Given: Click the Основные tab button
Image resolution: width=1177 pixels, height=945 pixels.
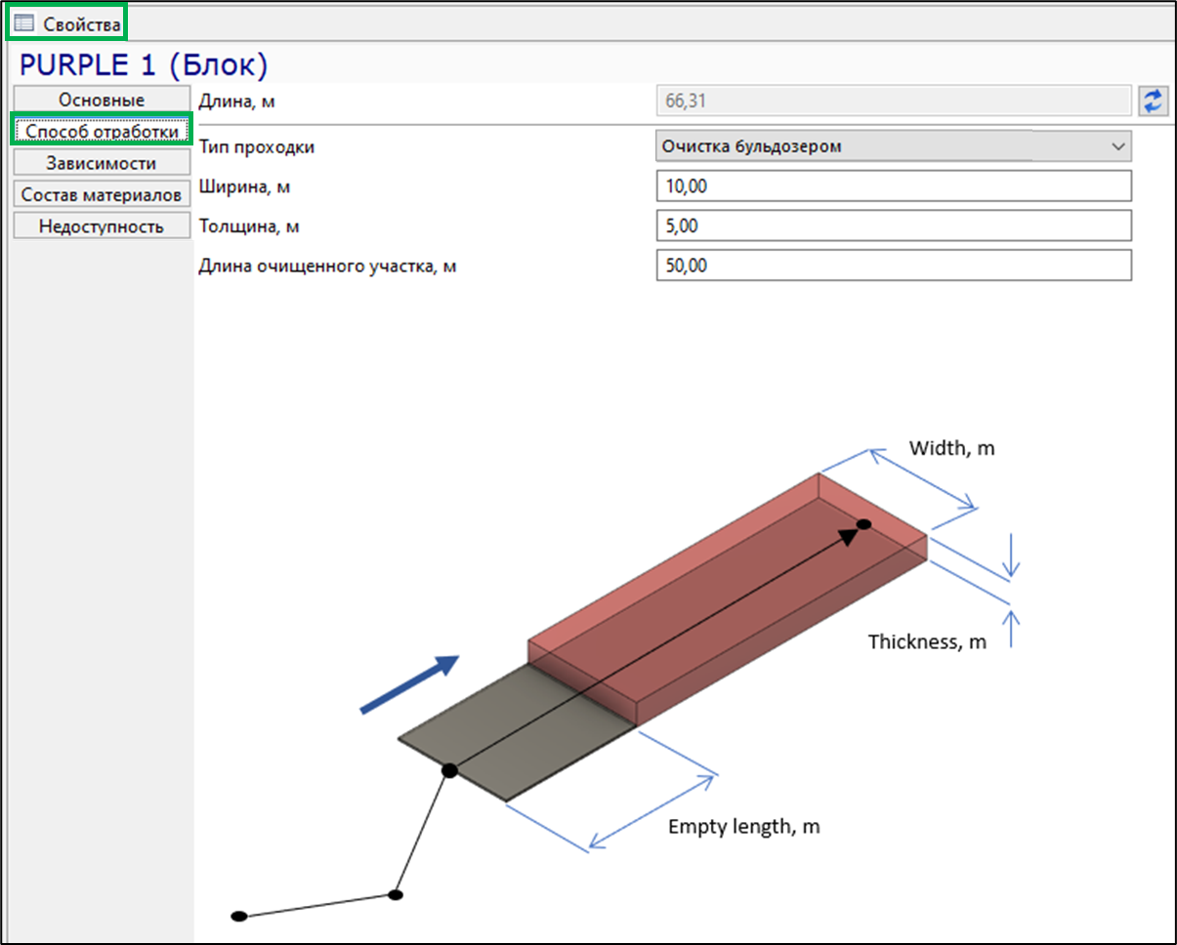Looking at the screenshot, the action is pos(102,100).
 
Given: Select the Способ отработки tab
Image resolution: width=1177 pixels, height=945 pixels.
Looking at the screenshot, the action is pos(102,131).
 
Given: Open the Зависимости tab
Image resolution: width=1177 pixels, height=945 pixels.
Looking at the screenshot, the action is pos(102,163).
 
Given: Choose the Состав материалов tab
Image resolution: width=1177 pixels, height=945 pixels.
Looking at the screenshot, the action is pos(102,194).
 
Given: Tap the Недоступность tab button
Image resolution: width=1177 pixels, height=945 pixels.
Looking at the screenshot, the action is pos(102,226).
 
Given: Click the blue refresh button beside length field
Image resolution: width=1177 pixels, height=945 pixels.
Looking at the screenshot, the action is pos(1153,101).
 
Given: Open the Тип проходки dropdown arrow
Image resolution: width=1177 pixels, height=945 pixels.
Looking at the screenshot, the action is pos(1118,146).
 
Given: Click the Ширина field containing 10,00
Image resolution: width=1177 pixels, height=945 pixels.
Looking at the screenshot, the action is pos(894,185).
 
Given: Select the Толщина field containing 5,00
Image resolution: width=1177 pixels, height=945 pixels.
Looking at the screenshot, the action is pos(894,226).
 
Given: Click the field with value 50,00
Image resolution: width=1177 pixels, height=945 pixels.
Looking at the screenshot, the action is pos(894,266).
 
